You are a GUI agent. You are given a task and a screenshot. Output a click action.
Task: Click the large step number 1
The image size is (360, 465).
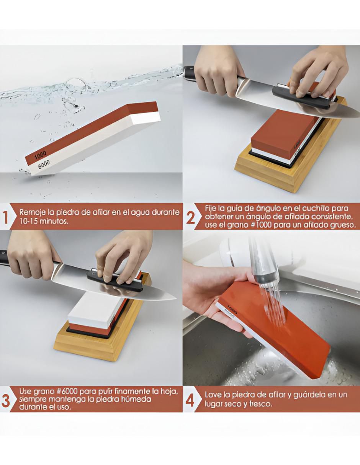(6, 217)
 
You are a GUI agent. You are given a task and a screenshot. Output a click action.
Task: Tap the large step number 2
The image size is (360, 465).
(190, 218)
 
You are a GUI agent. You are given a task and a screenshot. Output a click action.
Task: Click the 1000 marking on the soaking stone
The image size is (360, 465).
(41, 155)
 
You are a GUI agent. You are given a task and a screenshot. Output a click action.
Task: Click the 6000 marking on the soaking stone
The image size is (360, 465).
(44, 164)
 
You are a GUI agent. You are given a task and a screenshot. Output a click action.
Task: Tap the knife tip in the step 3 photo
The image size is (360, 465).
(176, 298)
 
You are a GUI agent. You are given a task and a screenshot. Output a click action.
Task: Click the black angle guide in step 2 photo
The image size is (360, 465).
(304, 97)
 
